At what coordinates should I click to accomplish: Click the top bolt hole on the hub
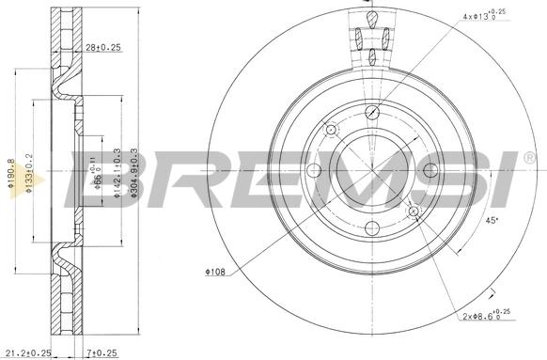point(372,112)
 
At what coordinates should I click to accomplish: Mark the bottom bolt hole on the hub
point(372,227)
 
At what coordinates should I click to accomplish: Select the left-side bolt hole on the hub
point(315,169)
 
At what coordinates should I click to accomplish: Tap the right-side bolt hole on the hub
point(430,169)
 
